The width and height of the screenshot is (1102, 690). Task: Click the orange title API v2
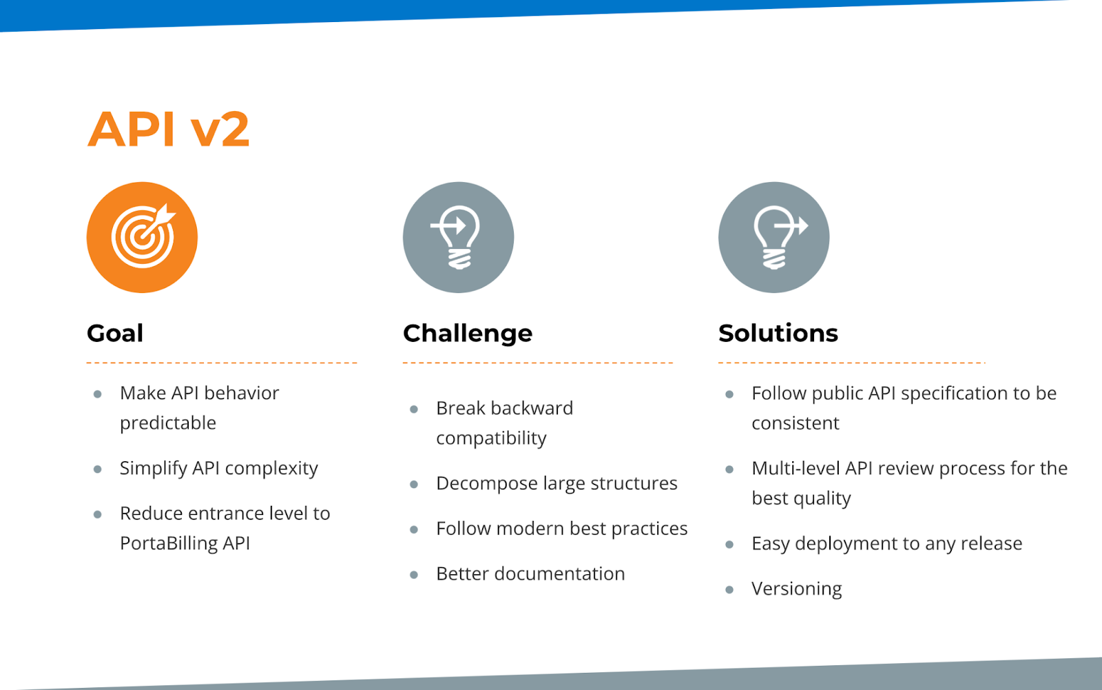pos(168,129)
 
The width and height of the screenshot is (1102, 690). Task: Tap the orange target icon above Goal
pos(142,237)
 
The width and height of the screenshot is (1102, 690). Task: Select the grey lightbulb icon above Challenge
pos(458,237)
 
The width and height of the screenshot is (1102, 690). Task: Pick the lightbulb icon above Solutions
pos(774,237)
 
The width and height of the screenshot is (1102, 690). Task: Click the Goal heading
pos(115,334)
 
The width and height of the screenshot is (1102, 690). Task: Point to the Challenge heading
pos(468,334)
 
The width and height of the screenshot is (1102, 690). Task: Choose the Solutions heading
pos(778,333)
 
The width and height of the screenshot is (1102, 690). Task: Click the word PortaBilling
pos(168,542)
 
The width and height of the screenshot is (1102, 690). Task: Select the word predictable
pos(168,423)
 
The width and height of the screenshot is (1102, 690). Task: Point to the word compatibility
pos(491,438)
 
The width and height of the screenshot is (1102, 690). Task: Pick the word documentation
pos(559,574)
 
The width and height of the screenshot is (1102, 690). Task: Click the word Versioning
pos(796,589)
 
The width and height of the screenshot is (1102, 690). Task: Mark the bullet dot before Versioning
pos(729,589)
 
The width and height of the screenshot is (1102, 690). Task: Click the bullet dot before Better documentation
pos(414,575)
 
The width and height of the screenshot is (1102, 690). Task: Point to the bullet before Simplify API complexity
pos(97,469)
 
